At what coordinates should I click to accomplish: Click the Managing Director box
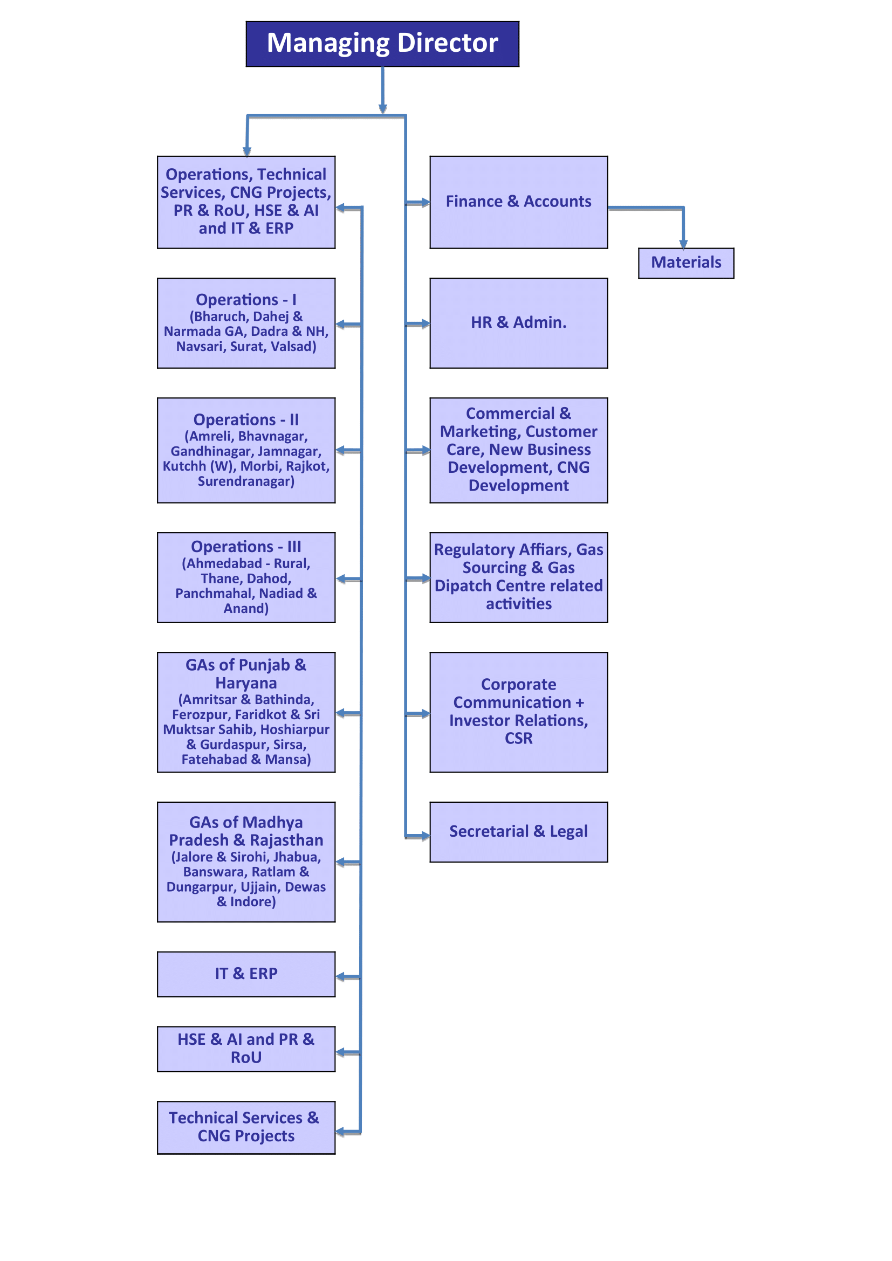[382, 44]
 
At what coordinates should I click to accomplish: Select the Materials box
[686, 263]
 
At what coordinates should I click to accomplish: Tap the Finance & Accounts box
[518, 202]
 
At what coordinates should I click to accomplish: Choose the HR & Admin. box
[518, 323]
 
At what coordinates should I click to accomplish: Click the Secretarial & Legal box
[518, 832]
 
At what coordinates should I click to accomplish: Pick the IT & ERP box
[246, 974]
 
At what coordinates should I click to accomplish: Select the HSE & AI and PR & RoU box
[246, 1049]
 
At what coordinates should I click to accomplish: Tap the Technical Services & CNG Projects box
[246, 1127]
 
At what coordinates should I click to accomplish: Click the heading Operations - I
[246, 300]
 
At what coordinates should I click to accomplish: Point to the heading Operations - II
[246, 419]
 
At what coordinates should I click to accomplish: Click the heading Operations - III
[246, 547]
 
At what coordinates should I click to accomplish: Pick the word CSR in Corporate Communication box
[518, 739]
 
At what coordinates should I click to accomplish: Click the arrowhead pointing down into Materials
[683, 244]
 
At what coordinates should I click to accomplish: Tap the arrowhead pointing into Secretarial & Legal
[425, 837]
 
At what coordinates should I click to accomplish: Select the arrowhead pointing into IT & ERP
[340, 977]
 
